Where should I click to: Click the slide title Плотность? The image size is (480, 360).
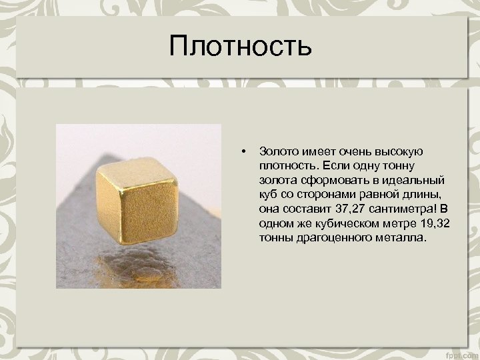tap(240, 47)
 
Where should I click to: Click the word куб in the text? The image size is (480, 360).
tap(269, 195)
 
